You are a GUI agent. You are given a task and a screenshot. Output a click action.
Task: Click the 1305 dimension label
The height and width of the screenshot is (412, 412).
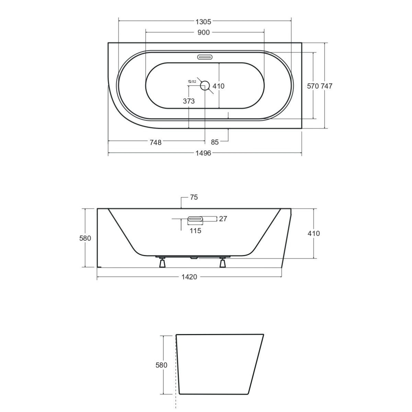click(x=203, y=22)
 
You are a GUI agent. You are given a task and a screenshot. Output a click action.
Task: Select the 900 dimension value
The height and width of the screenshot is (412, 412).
click(x=204, y=33)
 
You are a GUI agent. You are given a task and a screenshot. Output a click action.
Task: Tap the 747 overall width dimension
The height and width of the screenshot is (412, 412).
click(x=327, y=86)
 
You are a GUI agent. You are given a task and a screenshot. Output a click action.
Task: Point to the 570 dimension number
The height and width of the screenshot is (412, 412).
click(x=313, y=86)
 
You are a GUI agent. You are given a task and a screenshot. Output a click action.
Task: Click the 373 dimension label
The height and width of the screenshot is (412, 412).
click(x=189, y=101)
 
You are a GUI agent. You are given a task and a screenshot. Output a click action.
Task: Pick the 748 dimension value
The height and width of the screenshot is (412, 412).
click(x=156, y=142)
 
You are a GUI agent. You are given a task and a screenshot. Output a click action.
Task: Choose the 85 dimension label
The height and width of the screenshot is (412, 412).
click(x=215, y=142)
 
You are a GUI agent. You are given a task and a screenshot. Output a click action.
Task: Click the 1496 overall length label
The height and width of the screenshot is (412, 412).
click(x=203, y=153)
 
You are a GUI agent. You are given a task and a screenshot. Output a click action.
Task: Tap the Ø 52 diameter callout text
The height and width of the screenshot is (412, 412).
click(x=192, y=81)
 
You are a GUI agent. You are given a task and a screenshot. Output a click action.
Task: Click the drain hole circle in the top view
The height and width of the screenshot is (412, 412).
click(x=205, y=85)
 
